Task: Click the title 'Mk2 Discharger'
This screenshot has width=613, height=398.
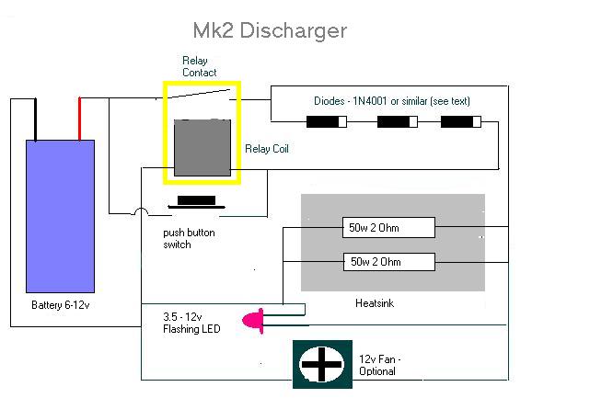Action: pyautogui.click(x=269, y=30)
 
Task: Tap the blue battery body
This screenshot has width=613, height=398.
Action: pyautogui.click(x=60, y=215)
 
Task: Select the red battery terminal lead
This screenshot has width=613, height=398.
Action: pyautogui.click(x=80, y=118)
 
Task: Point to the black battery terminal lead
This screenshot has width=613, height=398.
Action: pyautogui.click(x=36, y=118)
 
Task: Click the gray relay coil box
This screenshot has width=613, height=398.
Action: pyautogui.click(x=202, y=147)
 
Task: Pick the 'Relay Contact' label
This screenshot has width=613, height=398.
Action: pyautogui.click(x=200, y=66)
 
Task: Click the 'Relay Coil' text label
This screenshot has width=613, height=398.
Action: pyautogui.click(x=267, y=148)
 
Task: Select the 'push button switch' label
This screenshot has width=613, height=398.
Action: pyautogui.click(x=189, y=239)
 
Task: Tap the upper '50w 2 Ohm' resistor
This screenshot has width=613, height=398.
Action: pyautogui.click(x=387, y=227)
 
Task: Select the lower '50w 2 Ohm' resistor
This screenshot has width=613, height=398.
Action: pyautogui.click(x=387, y=262)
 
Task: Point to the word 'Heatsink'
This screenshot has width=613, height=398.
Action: pyautogui.click(x=375, y=302)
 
